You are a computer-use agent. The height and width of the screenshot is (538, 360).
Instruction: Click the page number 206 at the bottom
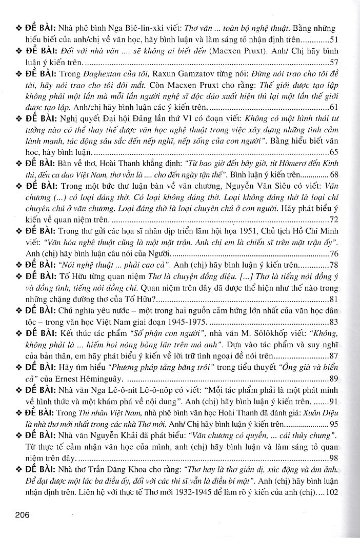[x=24, y=515]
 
